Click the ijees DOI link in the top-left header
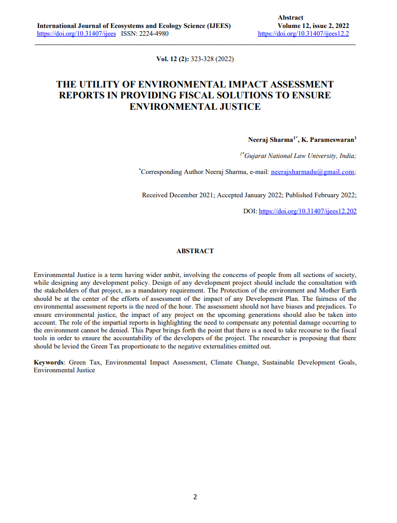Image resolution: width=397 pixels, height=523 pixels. (76, 34)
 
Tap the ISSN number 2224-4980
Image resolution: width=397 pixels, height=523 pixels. (153, 34)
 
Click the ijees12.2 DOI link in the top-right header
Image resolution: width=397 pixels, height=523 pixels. (303, 34)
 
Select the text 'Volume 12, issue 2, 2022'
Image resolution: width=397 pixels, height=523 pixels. (313, 25)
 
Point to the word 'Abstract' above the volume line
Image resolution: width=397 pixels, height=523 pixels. (290, 18)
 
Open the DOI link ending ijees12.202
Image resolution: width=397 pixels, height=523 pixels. (307, 211)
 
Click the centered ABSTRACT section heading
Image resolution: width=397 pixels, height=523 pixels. (195, 251)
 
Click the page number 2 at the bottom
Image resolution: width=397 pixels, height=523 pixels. (195, 497)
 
